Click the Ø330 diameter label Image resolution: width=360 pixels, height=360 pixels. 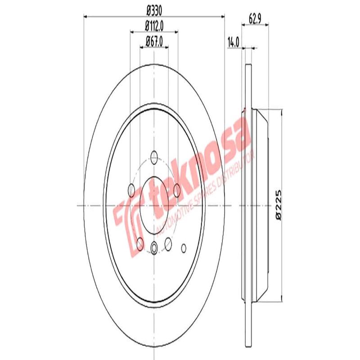click(x=154, y=10)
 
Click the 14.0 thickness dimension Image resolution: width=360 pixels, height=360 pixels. click(x=233, y=42)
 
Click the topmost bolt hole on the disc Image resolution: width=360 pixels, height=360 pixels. click(x=154, y=157)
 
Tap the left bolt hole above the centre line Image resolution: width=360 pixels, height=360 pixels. click(x=131, y=190)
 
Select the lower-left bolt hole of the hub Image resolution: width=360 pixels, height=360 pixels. click(x=139, y=244)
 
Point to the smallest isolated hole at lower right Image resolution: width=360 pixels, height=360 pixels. click(x=183, y=247)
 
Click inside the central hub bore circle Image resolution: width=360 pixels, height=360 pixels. click(x=154, y=205)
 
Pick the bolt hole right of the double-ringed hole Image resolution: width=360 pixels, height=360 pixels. click(x=169, y=243)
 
